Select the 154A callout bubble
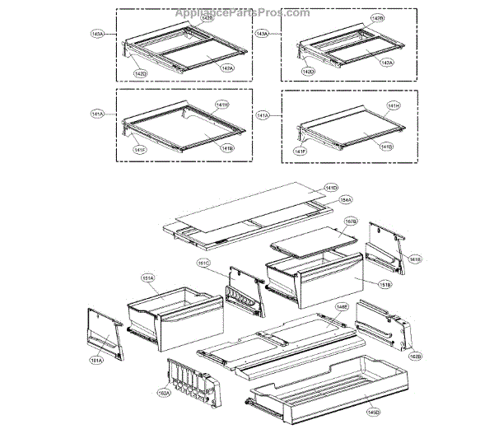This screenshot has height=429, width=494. point(346,199)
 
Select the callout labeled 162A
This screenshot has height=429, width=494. point(164,394)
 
